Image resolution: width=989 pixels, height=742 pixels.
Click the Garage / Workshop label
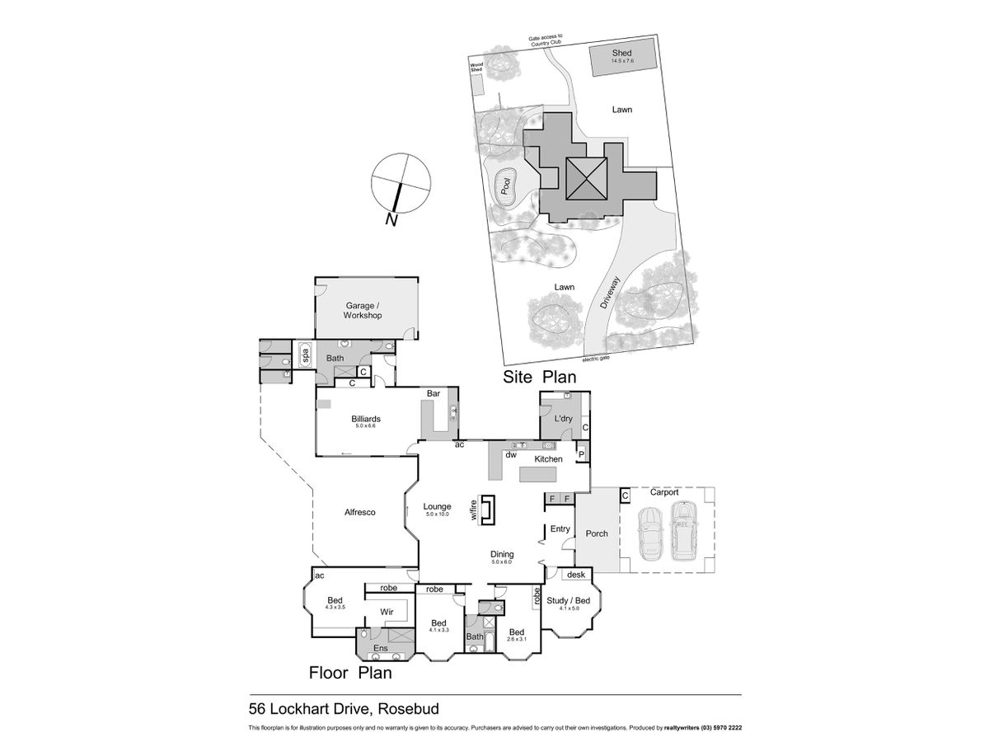point(362,310)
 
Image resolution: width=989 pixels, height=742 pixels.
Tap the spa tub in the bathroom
point(304,355)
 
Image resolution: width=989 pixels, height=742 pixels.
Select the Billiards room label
point(365,419)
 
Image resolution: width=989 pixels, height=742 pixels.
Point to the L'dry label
point(563,419)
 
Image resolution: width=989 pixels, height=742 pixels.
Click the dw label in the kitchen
point(511,454)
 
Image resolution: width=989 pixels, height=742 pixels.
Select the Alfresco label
point(359,512)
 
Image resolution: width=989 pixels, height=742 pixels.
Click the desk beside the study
point(575,575)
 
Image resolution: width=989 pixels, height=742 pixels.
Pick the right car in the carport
point(683,532)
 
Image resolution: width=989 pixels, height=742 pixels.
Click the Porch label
point(596,533)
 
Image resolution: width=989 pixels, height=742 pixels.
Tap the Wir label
point(387,613)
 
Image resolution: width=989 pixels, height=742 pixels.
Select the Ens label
point(380,649)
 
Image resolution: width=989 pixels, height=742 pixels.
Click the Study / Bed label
point(569,600)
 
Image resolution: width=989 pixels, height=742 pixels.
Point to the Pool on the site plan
point(504,185)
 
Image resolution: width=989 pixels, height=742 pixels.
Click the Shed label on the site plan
point(621,53)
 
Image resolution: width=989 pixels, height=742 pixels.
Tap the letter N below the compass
point(392,220)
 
